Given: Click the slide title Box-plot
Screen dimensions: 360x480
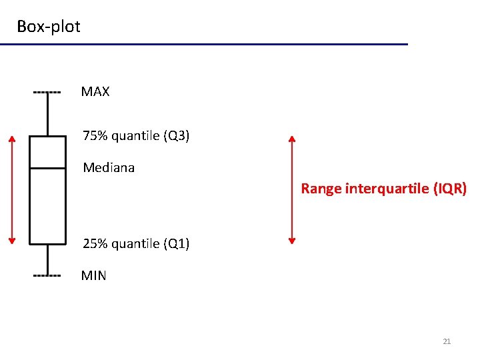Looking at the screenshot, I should (x=48, y=27).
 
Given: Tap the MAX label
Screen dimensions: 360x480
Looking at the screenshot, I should (x=95, y=92).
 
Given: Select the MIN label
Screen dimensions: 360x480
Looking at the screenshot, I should (x=93, y=275).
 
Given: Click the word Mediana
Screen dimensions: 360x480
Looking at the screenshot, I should (x=109, y=168).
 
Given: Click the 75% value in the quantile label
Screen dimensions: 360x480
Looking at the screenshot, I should (x=95, y=136).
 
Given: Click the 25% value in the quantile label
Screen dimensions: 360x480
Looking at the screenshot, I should (x=95, y=244).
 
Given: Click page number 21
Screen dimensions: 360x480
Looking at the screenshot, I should (x=447, y=341).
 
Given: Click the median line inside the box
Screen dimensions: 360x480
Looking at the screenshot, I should (x=48, y=169).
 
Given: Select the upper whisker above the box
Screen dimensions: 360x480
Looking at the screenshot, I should (x=48, y=114).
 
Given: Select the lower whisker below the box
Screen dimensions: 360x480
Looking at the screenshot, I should (x=48, y=259).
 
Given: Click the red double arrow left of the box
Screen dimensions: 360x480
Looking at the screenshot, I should (x=11, y=189).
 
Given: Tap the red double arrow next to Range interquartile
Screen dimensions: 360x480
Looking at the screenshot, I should (x=291, y=189).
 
